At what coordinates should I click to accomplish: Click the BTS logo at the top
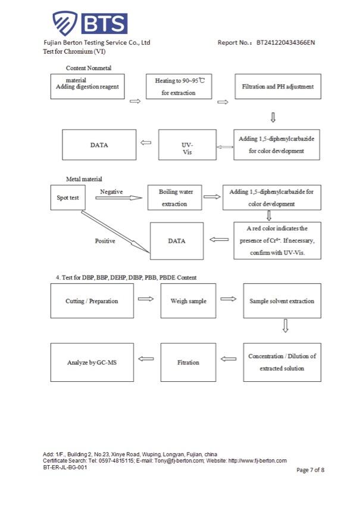click(x=90, y=24)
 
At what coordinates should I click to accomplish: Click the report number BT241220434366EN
click(x=285, y=43)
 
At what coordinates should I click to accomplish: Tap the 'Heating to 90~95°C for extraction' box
click(x=179, y=86)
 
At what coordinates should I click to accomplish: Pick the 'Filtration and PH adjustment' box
click(x=277, y=86)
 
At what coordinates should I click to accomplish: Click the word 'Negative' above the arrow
click(x=111, y=192)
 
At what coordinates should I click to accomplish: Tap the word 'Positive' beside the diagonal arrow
click(x=105, y=241)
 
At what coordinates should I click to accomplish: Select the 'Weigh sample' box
click(x=189, y=301)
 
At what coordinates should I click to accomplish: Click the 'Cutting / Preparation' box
click(x=92, y=301)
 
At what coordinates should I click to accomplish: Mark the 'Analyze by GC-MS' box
click(x=92, y=362)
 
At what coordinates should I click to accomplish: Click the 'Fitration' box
click(x=189, y=362)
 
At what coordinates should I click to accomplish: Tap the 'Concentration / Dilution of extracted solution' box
click(x=281, y=362)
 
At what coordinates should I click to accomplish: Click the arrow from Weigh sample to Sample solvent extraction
click(x=228, y=299)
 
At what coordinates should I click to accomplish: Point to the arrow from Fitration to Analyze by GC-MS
click(x=146, y=359)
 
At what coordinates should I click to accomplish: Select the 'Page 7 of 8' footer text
click(x=310, y=470)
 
